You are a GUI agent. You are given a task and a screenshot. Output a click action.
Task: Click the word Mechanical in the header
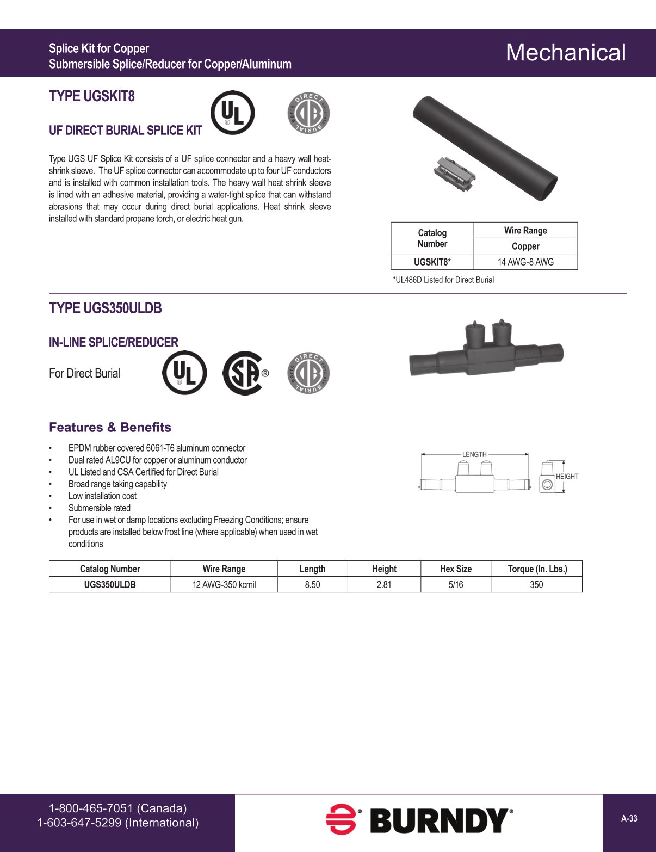pyautogui.click(x=566, y=53)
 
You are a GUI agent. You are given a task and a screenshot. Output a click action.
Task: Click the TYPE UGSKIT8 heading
pyautogui.click(x=92, y=96)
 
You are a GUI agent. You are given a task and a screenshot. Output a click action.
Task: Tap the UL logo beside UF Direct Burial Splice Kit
pyautogui.click(x=232, y=113)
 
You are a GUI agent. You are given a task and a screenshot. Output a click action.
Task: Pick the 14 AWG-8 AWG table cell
pyautogui.click(x=525, y=262)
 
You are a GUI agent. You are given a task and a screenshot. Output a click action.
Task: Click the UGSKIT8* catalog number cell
pyautogui.click(x=432, y=262)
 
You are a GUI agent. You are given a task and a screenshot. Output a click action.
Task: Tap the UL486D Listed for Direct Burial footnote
pyautogui.click(x=443, y=280)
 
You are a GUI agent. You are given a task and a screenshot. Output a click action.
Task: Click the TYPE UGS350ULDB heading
pyautogui.click(x=106, y=308)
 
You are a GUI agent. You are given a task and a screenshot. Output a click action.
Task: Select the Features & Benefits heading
pyautogui.click(x=110, y=428)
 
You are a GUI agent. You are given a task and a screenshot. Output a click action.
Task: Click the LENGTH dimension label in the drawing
pyautogui.click(x=474, y=454)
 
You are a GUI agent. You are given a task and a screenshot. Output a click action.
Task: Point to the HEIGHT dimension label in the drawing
pyautogui.click(x=567, y=477)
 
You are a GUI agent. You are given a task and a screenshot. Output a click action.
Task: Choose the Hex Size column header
pyautogui.click(x=456, y=569)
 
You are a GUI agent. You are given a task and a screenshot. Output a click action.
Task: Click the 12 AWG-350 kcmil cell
pyautogui.click(x=224, y=585)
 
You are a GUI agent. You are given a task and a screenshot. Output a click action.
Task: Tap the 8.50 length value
pyautogui.click(x=312, y=585)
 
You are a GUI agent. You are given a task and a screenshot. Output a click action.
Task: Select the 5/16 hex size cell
pyautogui.click(x=456, y=585)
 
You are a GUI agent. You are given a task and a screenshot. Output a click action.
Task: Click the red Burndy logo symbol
pyautogui.click(x=341, y=819)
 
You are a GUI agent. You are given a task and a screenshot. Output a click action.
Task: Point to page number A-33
pyautogui.click(x=629, y=818)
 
